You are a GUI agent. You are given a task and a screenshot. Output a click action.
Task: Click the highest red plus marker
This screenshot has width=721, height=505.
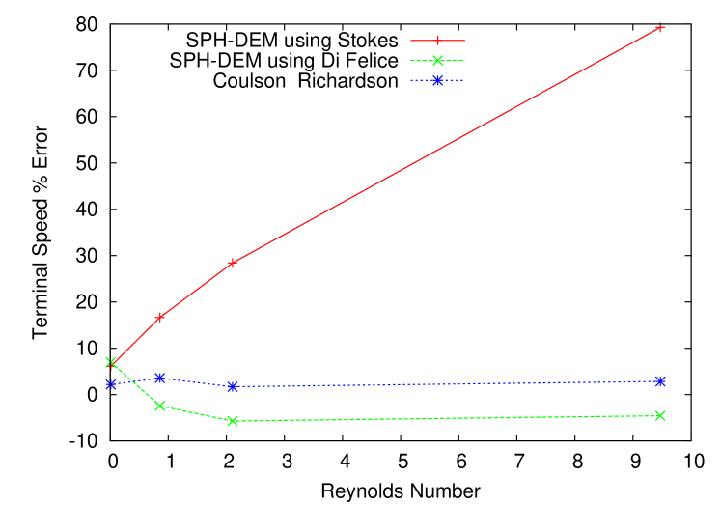[x=660, y=27]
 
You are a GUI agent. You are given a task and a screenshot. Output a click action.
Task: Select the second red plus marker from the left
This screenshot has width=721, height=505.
[x=160, y=317]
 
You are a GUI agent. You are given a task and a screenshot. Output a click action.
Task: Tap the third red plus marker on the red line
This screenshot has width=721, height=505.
[x=233, y=263]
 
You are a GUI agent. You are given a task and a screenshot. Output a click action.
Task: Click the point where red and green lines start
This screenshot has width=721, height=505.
[x=111, y=363]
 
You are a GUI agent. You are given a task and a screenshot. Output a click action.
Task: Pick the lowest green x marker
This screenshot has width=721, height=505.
[x=233, y=421]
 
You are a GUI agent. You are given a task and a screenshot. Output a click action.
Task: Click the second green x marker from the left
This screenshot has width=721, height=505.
[x=160, y=407]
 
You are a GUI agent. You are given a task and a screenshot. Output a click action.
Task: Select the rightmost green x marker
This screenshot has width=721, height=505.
[x=660, y=415]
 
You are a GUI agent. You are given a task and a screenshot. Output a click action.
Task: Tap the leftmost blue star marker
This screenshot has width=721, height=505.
[x=111, y=384]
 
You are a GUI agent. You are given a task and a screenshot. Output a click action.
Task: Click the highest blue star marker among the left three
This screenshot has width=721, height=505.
[x=160, y=378]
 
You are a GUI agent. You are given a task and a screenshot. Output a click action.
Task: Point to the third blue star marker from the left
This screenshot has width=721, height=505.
[x=233, y=386]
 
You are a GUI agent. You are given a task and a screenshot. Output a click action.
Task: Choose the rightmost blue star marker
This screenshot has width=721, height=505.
[x=660, y=381]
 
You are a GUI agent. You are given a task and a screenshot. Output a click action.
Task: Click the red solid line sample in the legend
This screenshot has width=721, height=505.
[x=437, y=41]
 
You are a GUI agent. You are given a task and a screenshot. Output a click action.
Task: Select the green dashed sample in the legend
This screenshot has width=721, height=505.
[x=437, y=61]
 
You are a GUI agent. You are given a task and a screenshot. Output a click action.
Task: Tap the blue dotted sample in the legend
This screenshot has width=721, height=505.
[x=437, y=80]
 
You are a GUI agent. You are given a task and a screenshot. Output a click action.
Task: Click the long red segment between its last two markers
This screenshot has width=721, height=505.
[x=446, y=145]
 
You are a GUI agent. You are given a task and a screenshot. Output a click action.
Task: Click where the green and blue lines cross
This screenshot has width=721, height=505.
[x=132, y=381]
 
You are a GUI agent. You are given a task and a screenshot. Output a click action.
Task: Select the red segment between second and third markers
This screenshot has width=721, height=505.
[x=196, y=290]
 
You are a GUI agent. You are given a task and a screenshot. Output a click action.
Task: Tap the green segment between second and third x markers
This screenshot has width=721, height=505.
[x=196, y=414]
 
